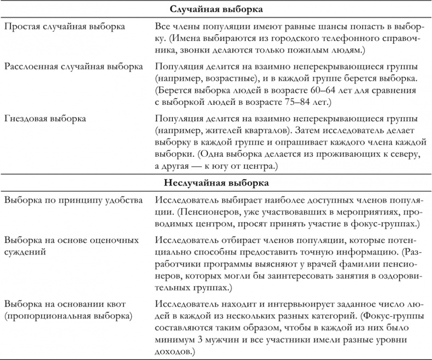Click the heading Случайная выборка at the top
[215, 9]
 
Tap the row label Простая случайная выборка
[64, 26]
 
